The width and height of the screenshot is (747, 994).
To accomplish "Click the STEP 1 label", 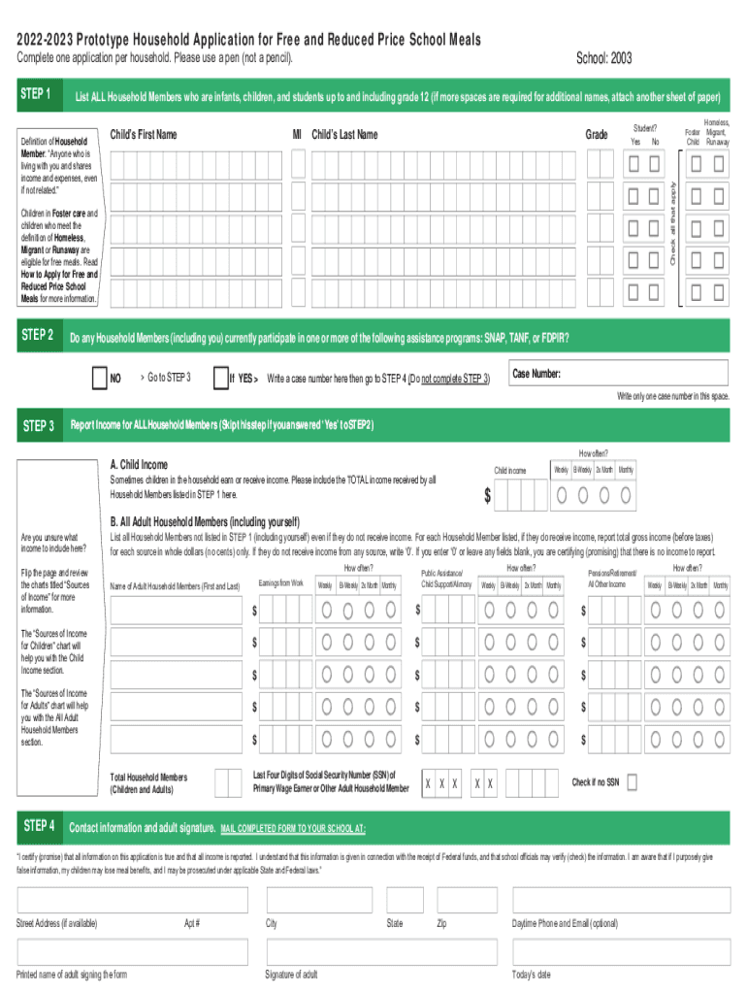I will (38, 95).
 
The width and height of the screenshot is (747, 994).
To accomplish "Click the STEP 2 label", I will (38, 336).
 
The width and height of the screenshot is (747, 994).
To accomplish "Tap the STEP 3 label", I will (38, 425).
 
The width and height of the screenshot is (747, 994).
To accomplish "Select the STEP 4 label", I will (38, 826).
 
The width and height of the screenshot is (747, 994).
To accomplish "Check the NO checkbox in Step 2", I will (99, 377).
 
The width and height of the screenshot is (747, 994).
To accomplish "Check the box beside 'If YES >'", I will (219, 377).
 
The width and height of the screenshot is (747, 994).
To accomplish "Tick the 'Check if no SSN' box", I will (633, 781).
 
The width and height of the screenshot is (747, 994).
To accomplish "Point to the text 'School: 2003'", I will (603, 59).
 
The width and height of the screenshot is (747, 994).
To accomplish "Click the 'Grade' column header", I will (598, 135).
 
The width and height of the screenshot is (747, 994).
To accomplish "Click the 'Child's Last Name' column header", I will (344, 135).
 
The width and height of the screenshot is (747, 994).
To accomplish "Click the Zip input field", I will (467, 900).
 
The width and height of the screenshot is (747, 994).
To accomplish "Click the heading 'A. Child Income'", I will (139, 464).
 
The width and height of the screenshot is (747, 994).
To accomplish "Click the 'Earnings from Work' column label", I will (280, 582).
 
